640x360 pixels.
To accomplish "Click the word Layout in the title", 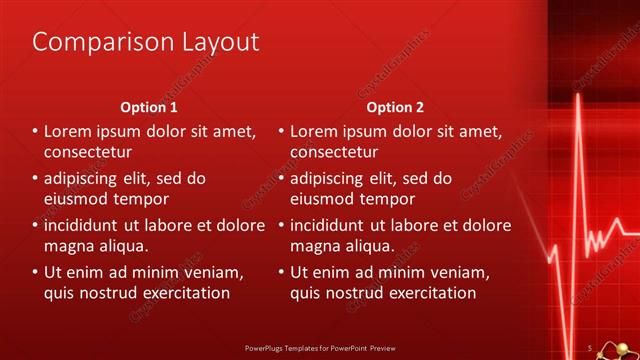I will pos(213,42).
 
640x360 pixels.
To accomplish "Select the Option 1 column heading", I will pos(149,107).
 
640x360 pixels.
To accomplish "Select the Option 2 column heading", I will pos(395,107).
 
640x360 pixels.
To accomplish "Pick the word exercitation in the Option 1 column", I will pos(184,293).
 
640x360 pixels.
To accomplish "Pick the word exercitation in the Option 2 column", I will pos(430,293).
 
